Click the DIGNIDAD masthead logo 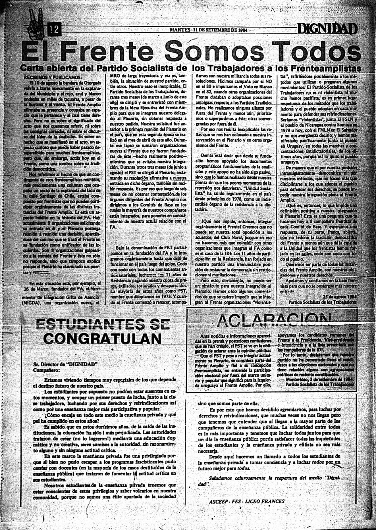327,28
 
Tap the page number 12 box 54,30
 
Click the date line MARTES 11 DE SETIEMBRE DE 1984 209,30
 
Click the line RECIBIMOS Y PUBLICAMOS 52,77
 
